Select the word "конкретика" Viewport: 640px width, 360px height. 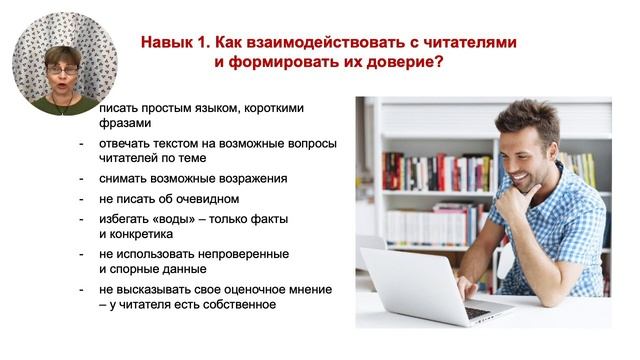[x=142, y=234]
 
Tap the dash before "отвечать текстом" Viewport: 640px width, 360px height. [x=83, y=143]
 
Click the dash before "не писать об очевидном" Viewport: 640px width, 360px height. [x=83, y=198]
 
